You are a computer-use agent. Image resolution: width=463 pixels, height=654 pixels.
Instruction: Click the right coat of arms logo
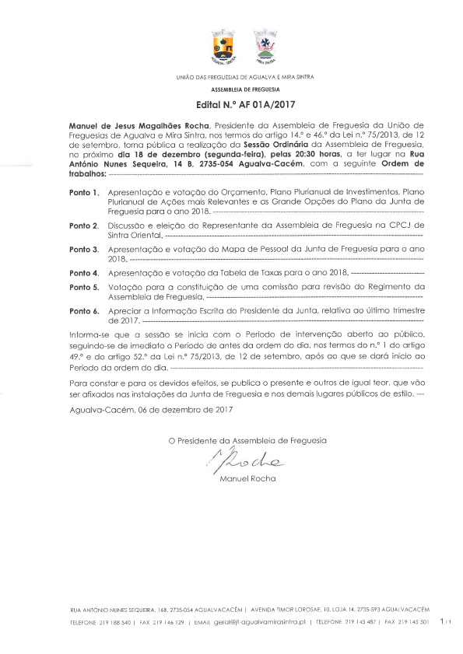point(266,47)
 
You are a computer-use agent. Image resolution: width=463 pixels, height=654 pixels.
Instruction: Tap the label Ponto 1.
point(84,191)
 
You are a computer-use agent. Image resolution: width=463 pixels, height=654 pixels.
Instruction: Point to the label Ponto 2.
point(84,225)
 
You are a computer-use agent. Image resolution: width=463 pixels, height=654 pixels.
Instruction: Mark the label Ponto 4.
point(84,274)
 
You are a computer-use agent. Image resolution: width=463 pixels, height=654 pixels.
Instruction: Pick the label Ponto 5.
point(84,287)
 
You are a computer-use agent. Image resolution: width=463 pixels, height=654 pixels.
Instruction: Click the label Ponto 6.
point(84,311)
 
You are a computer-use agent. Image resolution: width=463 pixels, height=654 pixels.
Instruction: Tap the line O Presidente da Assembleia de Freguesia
point(247,440)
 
